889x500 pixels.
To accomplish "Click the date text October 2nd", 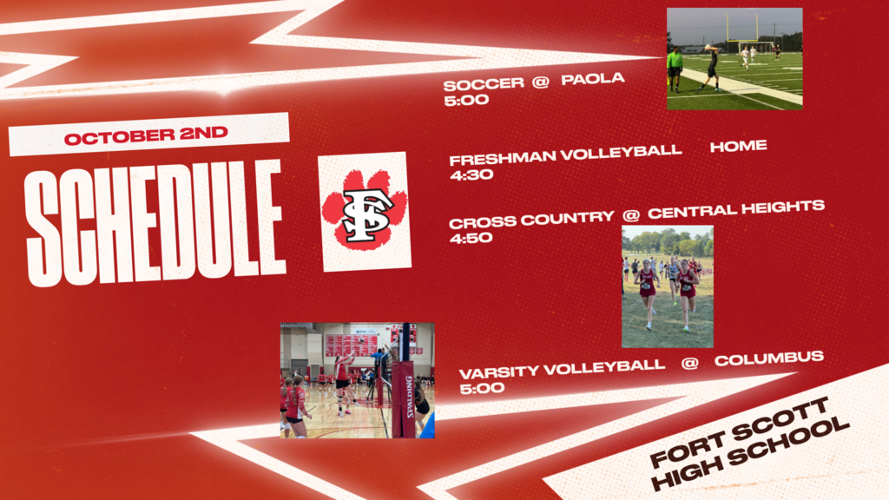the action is pyautogui.click(x=146, y=135).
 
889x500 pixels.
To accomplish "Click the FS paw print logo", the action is pyautogui.click(x=365, y=212).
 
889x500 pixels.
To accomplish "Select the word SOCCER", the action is pyautogui.click(x=484, y=84).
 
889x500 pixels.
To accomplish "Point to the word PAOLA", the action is pyautogui.click(x=592, y=78).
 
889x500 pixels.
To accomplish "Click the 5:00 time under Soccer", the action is pyautogui.click(x=466, y=101).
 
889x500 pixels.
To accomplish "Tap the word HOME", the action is pyautogui.click(x=738, y=146).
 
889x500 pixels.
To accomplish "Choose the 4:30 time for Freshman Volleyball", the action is pyautogui.click(x=471, y=174).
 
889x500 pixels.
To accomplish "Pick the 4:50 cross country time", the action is pyautogui.click(x=471, y=238).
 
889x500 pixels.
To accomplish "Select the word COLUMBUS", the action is pyautogui.click(x=769, y=359).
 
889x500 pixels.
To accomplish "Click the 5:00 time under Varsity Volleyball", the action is pyautogui.click(x=481, y=388).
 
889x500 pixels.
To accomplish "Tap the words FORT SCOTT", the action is pyautogui.click(x=739, y=432).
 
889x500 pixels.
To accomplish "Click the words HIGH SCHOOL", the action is pyautogui.click(x=750, y=455).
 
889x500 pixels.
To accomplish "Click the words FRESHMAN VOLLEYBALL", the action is pyautogui.click(x=565, y=155).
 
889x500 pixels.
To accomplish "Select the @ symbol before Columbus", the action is pyautogui.click(x=689, y=363).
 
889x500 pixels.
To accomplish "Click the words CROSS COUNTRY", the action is pyautogui.click(x=531, y=220).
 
